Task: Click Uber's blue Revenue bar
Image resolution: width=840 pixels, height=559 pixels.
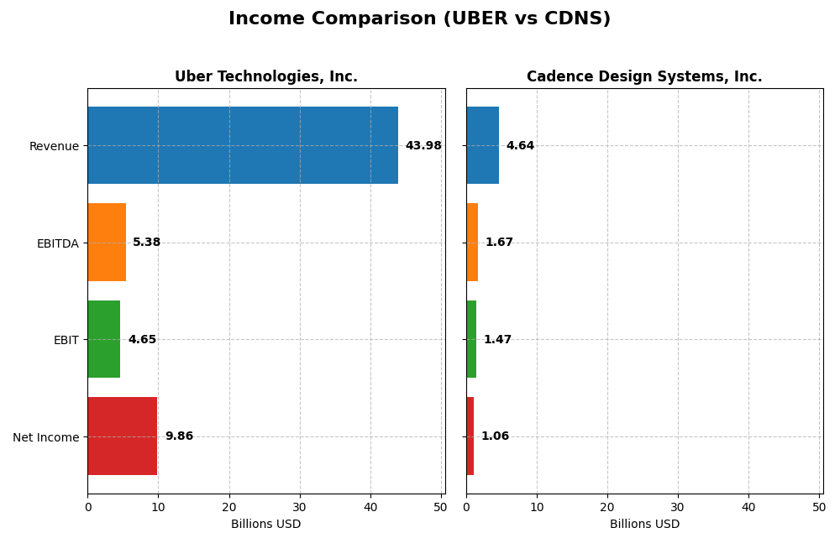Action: point(243,145)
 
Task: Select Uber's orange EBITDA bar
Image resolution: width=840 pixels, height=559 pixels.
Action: point(107,242)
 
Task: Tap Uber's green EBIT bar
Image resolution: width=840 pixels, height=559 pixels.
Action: point(104,339)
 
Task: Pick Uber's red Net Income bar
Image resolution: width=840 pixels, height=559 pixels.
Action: point(123,436)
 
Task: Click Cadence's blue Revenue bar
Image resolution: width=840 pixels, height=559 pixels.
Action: point(482,145)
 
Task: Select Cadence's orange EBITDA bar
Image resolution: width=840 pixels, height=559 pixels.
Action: point(472,242)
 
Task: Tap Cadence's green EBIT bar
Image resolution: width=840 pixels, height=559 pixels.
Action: point(471,339)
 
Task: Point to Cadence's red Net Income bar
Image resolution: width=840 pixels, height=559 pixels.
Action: point(470,436)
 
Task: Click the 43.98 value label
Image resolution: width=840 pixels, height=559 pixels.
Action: point(423,146)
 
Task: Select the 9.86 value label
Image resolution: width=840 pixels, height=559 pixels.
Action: point(179,436)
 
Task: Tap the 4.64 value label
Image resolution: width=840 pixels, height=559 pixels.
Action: point(520,146)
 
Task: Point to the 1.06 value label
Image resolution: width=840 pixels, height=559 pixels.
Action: point(495,436)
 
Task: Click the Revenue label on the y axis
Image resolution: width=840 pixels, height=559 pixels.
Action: point(54,147)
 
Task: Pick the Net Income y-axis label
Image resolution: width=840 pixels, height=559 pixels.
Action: point(46,437)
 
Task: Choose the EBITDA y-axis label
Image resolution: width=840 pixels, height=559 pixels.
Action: point(57,243)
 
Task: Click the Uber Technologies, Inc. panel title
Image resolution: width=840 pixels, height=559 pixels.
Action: point(266,77)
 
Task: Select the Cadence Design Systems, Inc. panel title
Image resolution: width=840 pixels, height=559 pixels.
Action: point(644,77)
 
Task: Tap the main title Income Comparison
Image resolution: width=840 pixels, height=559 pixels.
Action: point(419,19)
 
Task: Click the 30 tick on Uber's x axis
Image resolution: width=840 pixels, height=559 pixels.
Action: point(300,507)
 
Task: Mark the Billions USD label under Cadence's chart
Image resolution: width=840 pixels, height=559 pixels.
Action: point(644,525)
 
